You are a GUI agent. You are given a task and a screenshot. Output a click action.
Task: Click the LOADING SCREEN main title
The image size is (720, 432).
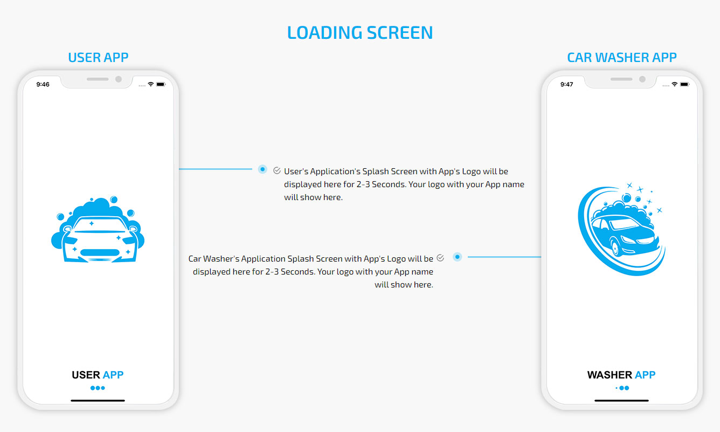coord(360,33)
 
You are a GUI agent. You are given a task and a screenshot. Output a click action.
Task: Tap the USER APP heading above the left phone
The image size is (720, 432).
coord(98,58)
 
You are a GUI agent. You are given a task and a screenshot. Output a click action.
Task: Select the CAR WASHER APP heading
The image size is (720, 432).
coord(621,58)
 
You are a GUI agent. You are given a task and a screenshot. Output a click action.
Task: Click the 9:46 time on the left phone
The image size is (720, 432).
coord(43,84)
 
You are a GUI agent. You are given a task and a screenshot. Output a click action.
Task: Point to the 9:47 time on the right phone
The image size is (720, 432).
coord(566,84)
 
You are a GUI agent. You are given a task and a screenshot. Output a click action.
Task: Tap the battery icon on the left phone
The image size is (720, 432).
coord(161,84)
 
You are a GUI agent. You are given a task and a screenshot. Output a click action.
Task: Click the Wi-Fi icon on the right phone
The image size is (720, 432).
coord(674,84)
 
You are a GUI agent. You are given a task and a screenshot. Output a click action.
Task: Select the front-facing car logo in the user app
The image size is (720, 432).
coord(98,229)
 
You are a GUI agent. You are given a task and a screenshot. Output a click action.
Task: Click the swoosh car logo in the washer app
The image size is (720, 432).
coord(621,229)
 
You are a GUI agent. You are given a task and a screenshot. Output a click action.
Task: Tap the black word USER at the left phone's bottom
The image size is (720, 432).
coord(86,375)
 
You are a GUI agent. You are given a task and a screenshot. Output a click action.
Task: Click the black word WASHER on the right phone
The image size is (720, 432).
coord(610,375)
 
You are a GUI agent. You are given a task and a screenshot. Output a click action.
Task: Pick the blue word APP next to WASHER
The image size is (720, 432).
coord(645,375)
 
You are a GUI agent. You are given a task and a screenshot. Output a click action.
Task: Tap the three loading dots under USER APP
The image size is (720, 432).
coord(98,388)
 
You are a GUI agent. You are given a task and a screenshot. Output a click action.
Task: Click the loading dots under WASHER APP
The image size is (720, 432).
coord(622,388)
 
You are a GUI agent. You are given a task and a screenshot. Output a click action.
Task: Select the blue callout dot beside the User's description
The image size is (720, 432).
coord(262,169)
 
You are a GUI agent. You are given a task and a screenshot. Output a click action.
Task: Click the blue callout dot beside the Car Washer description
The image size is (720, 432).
coord(457,257)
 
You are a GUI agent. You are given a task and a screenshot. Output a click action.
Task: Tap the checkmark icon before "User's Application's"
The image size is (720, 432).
coord(277,170)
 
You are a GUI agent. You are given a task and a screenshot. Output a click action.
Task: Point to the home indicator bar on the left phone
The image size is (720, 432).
coord(98,401)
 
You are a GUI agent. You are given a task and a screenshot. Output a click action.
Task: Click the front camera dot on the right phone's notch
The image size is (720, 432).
coord(642,79)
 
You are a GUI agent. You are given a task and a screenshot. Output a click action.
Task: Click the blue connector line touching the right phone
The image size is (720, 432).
coord(504,257)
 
